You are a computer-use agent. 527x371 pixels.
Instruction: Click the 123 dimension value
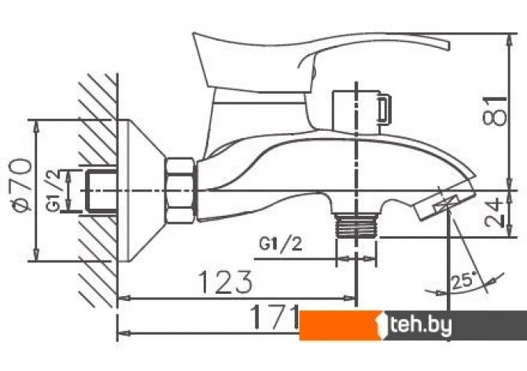point(226,282)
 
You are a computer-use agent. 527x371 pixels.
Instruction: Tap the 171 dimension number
point(275,317)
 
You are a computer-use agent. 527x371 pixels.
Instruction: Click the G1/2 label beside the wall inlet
point(53,190)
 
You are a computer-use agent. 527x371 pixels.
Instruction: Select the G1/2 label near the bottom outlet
point(281,244)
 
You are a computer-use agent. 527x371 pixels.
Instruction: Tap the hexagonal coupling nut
point(180,191)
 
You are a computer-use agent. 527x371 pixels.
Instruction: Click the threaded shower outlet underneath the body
point(356,225)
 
